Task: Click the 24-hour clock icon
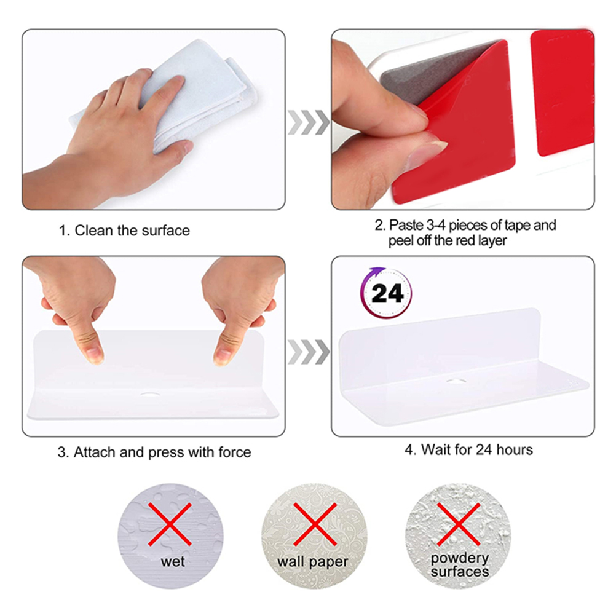pos(386,293)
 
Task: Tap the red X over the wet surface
pos(170,524)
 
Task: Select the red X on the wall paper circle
pos(315,524)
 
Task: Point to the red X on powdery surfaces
pos(459,524)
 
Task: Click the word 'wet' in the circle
pos(173,561)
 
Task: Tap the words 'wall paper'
pos(313,562)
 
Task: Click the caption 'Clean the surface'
pos(132,230)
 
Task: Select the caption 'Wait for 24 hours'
pos(477,449)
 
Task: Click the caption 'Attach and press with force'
pos(162,452)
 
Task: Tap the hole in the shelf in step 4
pos(456,381)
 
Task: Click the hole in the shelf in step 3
pos(150,393)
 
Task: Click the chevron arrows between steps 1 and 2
pos(309,122)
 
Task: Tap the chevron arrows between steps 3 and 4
pos(309,352)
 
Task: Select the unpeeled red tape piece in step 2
pos(563,93)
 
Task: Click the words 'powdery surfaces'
pos(460,564)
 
